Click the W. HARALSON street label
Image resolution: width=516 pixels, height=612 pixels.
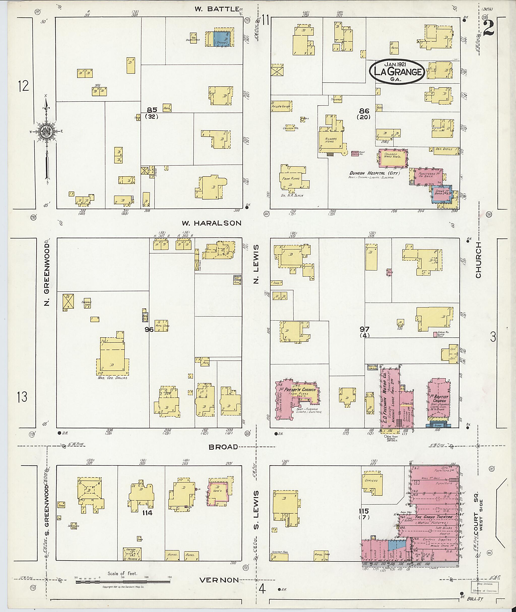point(211,223)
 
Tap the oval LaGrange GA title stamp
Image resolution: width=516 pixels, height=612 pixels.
point(397,72)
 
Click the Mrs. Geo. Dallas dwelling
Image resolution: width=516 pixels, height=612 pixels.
point(112,358)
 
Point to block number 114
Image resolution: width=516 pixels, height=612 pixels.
point(147,513)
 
